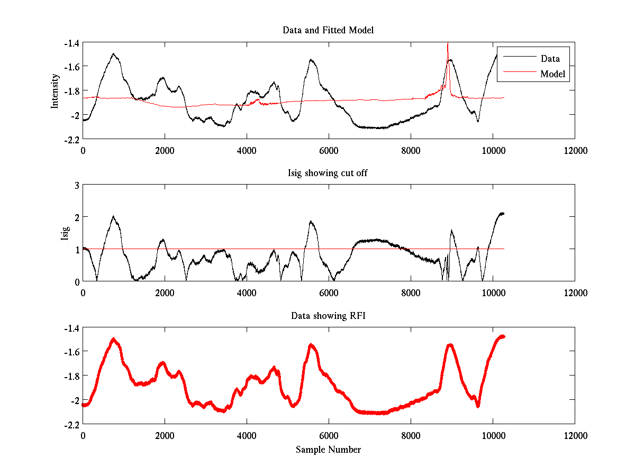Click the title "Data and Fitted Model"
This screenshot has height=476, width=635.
coord(328,30)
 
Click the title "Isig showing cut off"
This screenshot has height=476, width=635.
coord(328,173)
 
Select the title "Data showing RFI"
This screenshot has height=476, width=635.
coord(328,316)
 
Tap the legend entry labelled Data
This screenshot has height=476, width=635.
coord(550,59)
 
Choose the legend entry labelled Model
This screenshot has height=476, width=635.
coord(552,74)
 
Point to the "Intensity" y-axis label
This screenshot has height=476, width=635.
coord(55,91)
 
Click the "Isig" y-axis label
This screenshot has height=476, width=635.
coord(65,233)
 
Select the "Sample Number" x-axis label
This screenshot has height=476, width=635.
coord(328,450)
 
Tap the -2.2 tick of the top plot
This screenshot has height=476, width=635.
coord(72,139)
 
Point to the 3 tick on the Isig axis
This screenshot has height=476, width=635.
coord(76,185)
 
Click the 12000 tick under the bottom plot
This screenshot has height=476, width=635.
coord(575,436)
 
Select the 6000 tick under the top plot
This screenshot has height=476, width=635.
coord(329,150)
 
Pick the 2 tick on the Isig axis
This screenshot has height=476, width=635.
coord(76,217)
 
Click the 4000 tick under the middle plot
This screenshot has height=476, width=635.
coord(247,293)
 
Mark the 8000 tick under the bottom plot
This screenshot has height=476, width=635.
coord(411,436)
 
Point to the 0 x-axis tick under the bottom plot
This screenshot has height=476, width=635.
coord(83,436)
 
